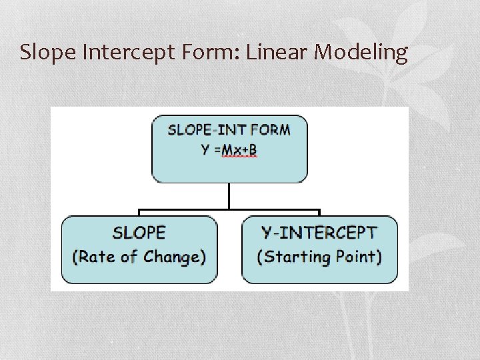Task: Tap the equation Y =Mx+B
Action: pyautogui.click(x=229, y=149)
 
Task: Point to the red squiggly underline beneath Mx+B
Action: pyautogui.click(x=238, y=157)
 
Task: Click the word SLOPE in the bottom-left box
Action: pyautogui.click(x=139, y=233)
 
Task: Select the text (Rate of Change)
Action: pyautogui.click(x=139, y=257)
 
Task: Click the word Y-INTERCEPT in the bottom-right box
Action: pyautogui.click(x=319, y=233)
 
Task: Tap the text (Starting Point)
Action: pyautogui.click(x=319, y=257)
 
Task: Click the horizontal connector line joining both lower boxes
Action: pyautogui.click(x=229, y=211)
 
